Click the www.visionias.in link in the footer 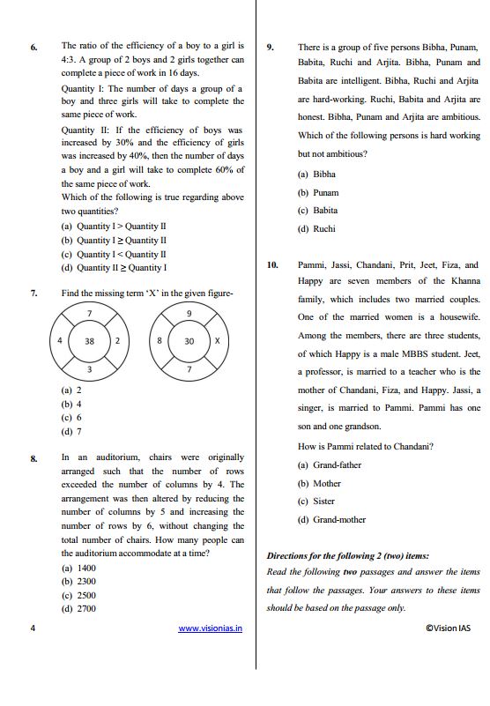211,628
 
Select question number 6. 33,46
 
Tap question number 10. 272,264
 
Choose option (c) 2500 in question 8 78,595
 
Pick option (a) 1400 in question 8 78,569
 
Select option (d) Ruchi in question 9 317,229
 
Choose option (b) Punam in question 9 318,192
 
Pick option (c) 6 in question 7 71,418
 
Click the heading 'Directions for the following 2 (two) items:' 348,556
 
